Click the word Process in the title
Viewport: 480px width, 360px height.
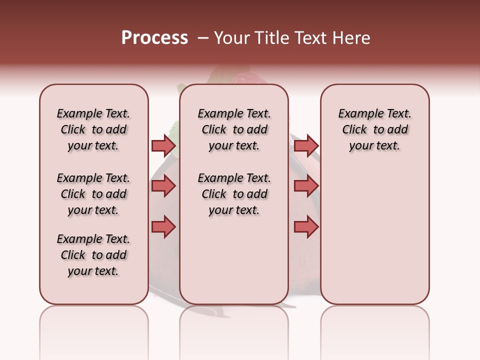[154, 38]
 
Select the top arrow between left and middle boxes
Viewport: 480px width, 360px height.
[163, 145]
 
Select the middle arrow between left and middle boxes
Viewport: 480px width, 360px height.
[163, 186]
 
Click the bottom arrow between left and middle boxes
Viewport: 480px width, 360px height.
[163, 227]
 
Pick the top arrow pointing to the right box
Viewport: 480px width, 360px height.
[306, 145]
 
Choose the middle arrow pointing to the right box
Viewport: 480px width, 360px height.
[306, 186]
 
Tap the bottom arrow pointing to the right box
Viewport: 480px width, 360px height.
[306, 227]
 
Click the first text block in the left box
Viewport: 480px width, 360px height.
[93, 129]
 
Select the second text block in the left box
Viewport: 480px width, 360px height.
[93, 194]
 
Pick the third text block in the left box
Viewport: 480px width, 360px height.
[93, 255]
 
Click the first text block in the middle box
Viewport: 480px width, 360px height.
[234, 129]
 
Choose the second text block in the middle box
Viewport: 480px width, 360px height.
[234, 194]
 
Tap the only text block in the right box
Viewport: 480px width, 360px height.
[374, 129]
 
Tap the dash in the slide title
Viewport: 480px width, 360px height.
[203, 38]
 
